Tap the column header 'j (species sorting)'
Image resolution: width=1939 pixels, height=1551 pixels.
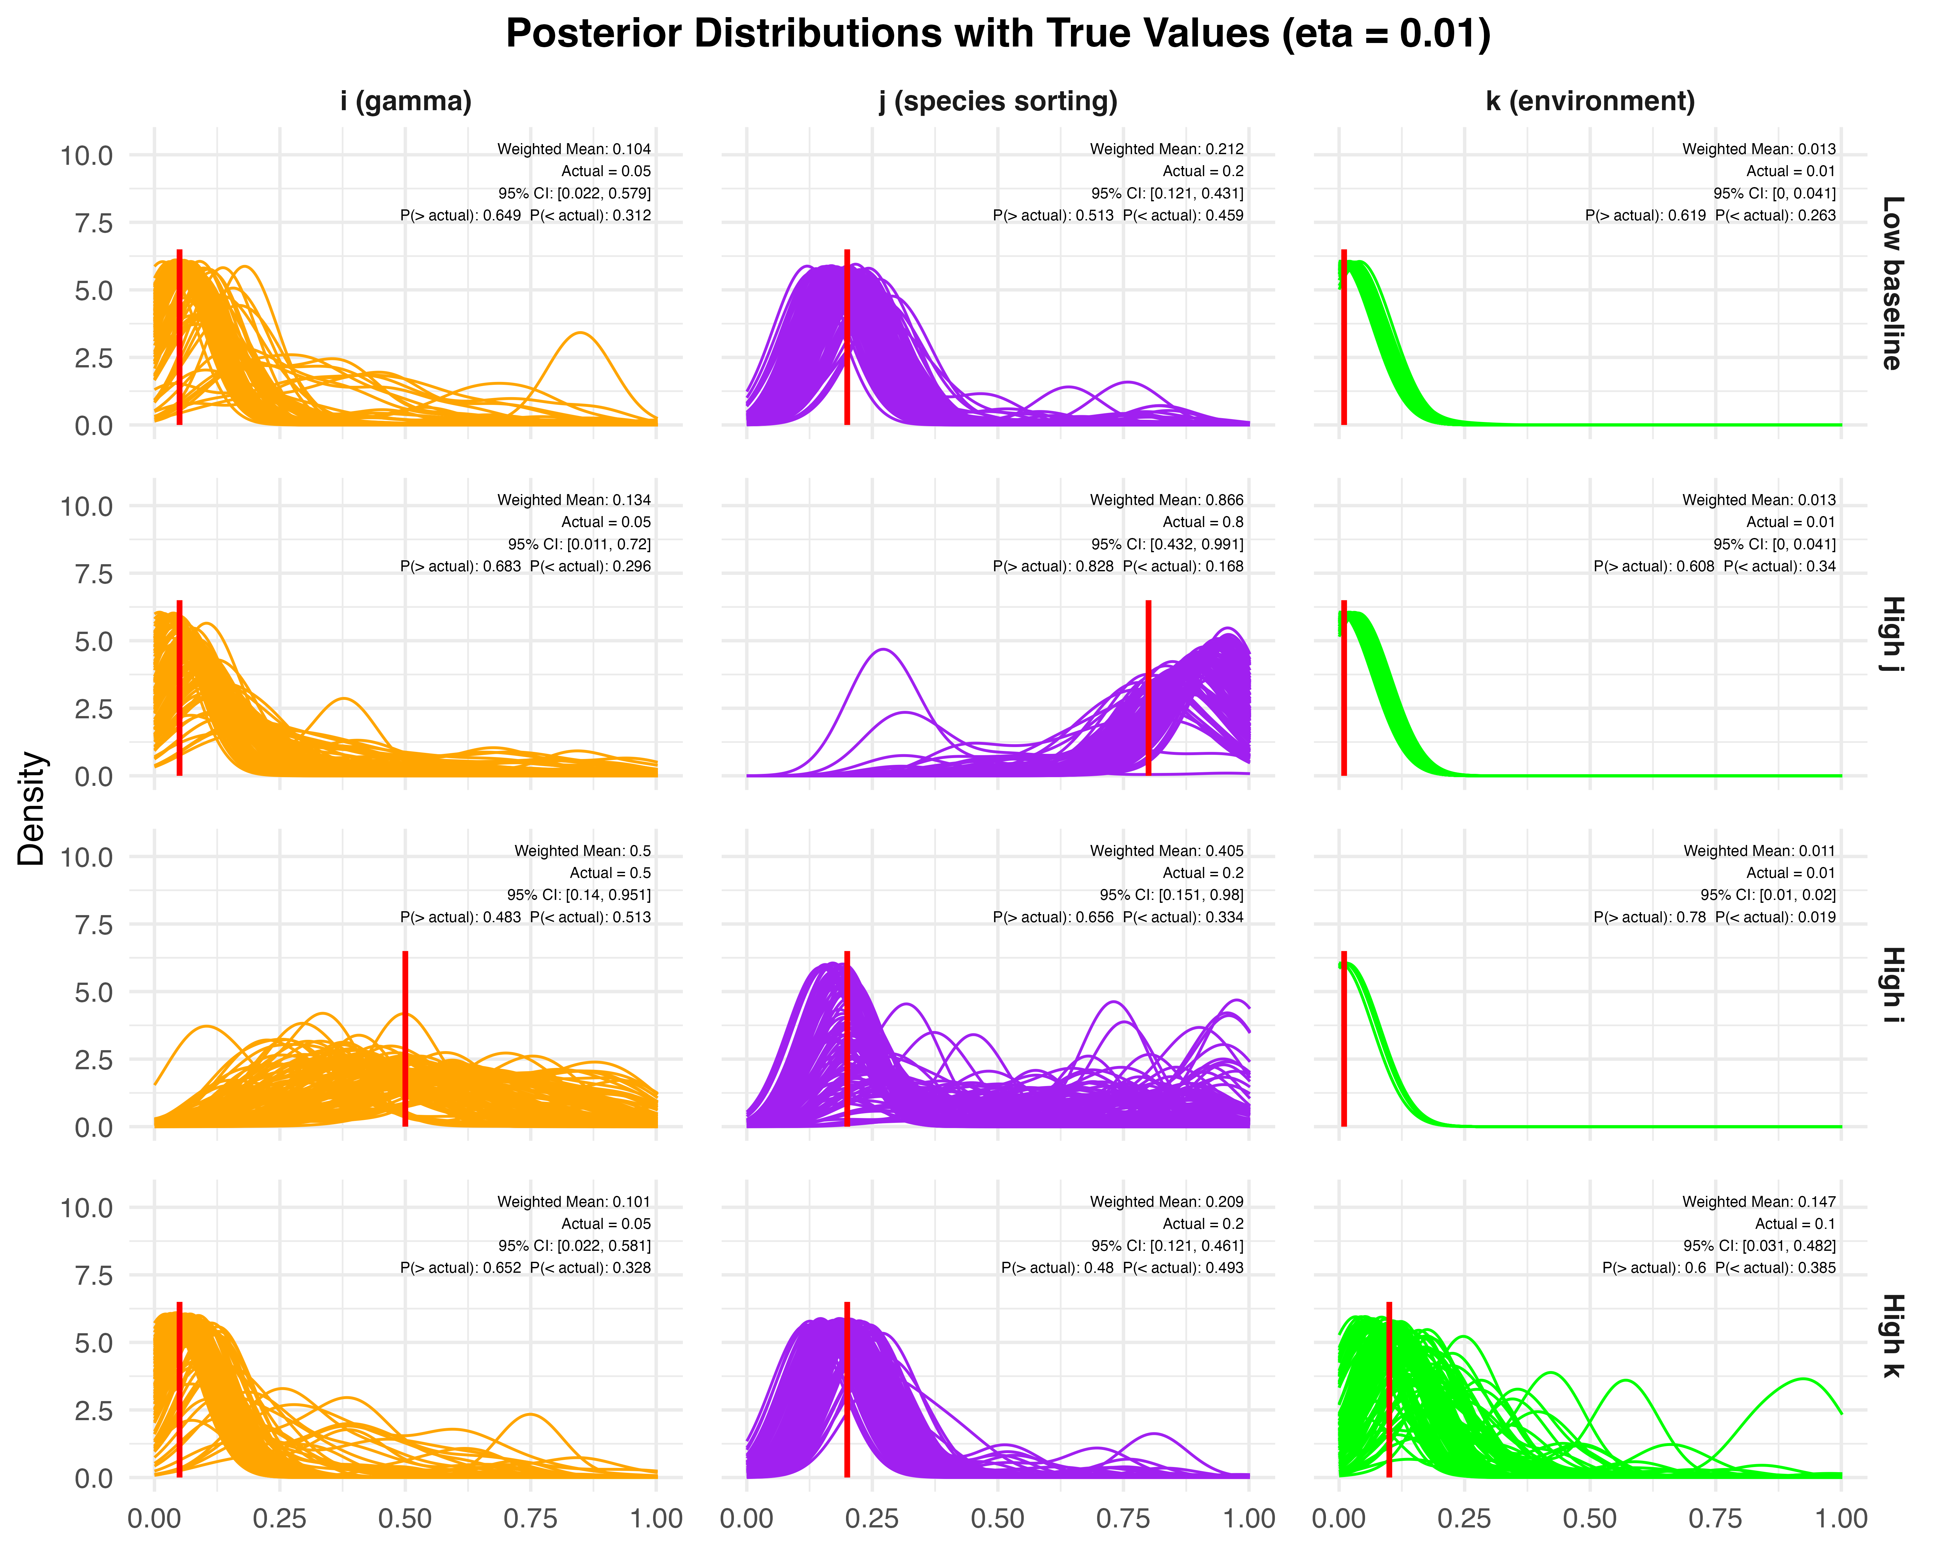998,101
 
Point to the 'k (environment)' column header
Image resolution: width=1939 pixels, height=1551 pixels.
1590,101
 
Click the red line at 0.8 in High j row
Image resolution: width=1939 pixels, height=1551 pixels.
1149,688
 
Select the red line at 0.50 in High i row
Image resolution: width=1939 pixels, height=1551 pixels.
406,1039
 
